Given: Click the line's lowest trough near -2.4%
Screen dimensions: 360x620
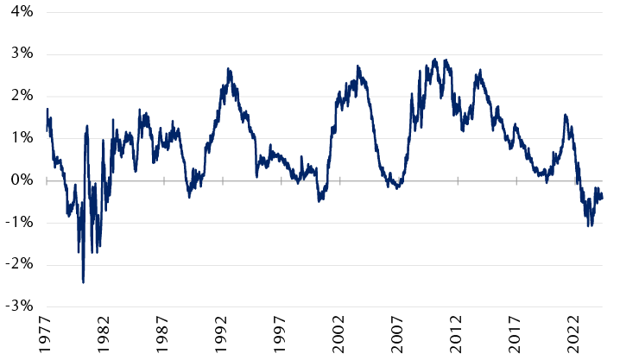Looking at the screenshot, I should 83,282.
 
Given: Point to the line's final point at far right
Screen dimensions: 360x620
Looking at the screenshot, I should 602,198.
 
